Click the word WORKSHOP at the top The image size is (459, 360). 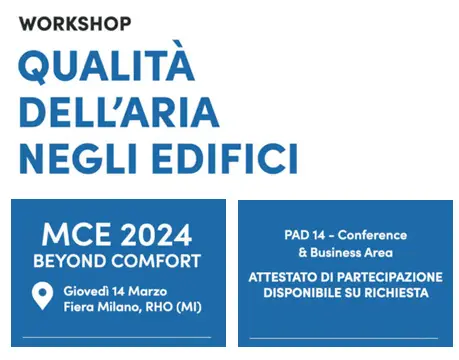click(x=75, y=23)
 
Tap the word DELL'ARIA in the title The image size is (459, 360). click(x=119, y=112)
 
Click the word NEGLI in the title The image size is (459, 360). click(x=78, y=158)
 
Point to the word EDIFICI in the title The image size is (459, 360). click(x=227, y=158)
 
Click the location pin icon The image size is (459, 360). click(x=42, y=296)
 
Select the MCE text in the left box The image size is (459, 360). click(x=76, y=235)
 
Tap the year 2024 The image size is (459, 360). click(x=156, y=235)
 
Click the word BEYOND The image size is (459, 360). click(x=69, y=261)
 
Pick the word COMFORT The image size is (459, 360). click(x=156, y=261)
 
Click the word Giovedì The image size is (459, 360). click(x=86, y=291)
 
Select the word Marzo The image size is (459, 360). click(x=148, y=291)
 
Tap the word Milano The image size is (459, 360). click(x=119, y=307)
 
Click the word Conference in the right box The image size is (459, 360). click(x=372, y=235)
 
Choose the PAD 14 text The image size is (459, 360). click(x=304, y=235)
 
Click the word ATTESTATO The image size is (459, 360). click(x=283, y=277)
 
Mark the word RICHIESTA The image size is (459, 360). click(x=396, y=293)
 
